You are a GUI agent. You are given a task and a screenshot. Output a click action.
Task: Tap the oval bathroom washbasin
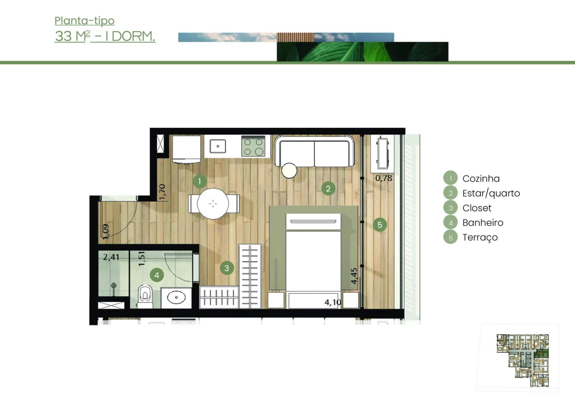coord(176,297)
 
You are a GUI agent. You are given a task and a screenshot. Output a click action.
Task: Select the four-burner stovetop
coord(253,146)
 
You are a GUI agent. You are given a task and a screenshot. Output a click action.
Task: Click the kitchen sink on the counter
coord(218,146)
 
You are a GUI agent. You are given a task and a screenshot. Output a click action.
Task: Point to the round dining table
coord(213,203)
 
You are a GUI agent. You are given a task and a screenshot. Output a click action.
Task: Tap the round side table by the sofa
coord(289,170)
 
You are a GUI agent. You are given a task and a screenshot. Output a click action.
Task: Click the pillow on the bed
coord(313,221)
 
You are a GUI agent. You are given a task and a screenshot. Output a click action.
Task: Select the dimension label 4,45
coord(354,276)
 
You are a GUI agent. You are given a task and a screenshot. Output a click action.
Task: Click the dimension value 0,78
coord(384,178)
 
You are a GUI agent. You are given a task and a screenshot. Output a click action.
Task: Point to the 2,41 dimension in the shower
coord(111,257)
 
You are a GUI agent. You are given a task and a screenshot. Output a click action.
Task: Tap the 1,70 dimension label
coord(163,192)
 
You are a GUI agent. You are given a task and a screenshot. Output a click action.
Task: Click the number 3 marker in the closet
coord(227,268)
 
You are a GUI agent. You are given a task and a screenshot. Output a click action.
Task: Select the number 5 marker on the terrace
coord(380,225)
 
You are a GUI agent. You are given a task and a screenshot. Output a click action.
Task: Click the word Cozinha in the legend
coord(481,178)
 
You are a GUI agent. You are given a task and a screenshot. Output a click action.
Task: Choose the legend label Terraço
coord(480,237)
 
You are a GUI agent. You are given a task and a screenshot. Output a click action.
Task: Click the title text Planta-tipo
coord(84,21)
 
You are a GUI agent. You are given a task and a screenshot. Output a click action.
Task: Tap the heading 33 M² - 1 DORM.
coord(105,36)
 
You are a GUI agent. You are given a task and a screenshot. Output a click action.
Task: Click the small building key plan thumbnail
coord(522,360)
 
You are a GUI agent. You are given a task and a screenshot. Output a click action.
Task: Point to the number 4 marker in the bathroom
coord(157,275)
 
